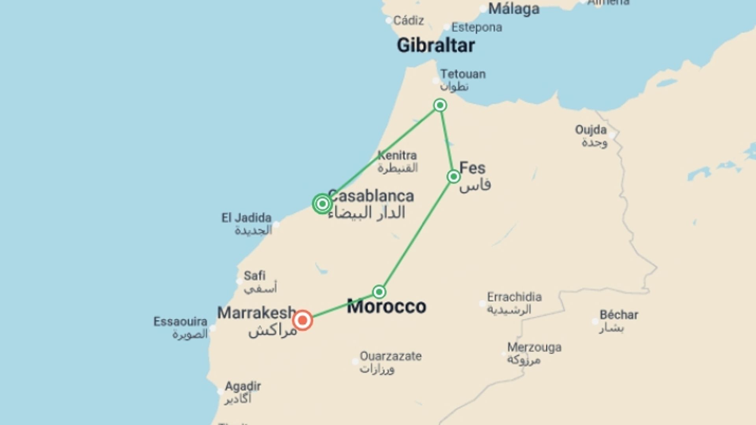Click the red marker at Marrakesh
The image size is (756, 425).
(x=302, y=320)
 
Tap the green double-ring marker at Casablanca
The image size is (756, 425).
(x=322, y=204)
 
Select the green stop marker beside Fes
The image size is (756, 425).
(x=454, y=177)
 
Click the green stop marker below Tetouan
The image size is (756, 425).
(x=440, y=105)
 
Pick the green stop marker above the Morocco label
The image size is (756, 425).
(x=379, y=292)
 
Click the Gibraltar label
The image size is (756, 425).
(x=435, y=45)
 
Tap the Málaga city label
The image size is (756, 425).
(x=513, y=9)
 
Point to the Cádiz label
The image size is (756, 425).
(x=408, y=20)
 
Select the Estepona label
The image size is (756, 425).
(x=476, y=28)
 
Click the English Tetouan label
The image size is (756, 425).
(x=463, y=74)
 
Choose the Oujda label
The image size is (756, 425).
(x=591, y=129)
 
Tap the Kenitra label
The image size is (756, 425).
(x=397, y=155)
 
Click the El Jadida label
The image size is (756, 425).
(x=246, y=218)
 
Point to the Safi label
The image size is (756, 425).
(x=254, y=275)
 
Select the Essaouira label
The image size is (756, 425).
(x=180, y=322)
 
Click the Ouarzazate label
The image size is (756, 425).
(x=391, y=356)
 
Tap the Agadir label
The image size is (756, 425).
(x=243, y=386)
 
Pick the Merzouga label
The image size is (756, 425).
(x=534, y=347)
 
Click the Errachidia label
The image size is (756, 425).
(x=514, y=297)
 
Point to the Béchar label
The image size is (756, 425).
(x=619, y=315)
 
